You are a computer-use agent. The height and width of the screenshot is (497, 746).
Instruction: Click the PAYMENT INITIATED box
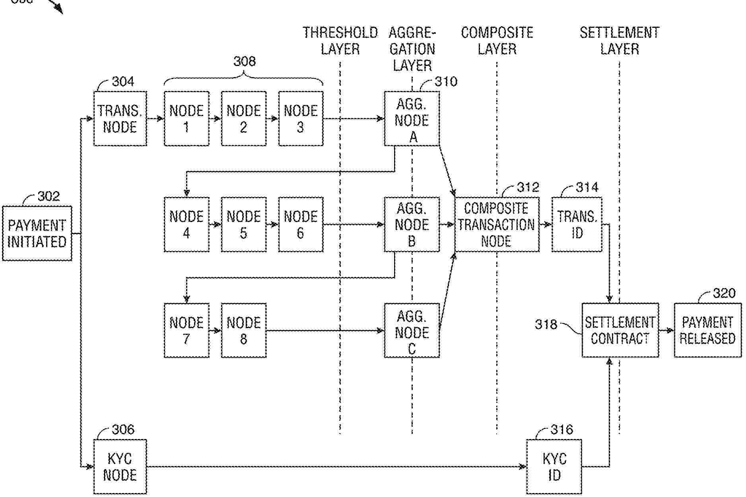point(37,233)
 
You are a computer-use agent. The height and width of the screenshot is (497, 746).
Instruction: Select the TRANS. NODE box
point(120,118)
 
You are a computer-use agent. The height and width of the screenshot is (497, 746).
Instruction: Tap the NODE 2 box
point(243,118)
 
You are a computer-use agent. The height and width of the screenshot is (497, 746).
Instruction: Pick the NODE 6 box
point(301,224)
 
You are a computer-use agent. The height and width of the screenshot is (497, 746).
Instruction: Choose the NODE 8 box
point(243,330)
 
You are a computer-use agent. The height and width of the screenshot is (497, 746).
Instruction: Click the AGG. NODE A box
point(412,119)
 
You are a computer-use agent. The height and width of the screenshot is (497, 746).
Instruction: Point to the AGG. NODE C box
point(412,331)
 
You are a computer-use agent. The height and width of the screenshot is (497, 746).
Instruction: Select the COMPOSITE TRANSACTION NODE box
point(497,224)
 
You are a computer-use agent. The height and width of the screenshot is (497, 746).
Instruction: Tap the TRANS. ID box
point(577,224)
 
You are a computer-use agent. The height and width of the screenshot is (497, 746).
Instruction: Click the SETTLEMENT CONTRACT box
point(620,330)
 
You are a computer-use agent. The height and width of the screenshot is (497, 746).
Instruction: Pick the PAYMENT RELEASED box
point(707,330)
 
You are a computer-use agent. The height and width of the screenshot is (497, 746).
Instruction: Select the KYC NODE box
point(120,467)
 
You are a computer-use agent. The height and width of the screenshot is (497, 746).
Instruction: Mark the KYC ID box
point(554,467)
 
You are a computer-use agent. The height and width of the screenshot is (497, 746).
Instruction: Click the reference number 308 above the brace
point(244,61)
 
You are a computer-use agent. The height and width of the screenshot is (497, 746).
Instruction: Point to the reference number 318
point(546,324)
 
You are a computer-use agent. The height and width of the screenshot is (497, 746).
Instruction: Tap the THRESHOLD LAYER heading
point(340,41)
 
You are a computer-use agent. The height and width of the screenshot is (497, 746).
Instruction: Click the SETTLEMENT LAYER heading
point(620,41)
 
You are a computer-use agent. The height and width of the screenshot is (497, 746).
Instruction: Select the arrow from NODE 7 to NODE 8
point(215,331)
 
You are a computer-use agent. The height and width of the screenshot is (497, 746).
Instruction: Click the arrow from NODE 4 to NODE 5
point(215,224)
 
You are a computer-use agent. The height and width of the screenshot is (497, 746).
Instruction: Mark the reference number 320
point(724,293)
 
